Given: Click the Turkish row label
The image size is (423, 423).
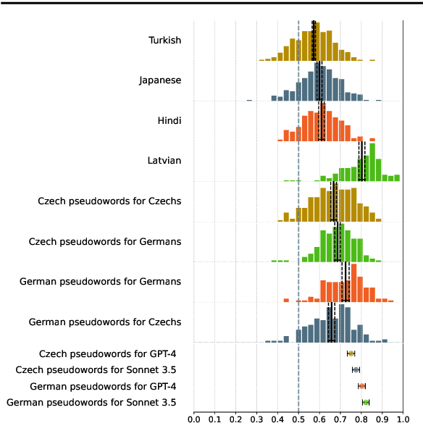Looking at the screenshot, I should point(165,40).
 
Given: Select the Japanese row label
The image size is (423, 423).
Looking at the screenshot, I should point(160,80).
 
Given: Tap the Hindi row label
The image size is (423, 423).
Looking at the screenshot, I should point(169,120).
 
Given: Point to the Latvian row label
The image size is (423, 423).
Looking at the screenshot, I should point(164,160).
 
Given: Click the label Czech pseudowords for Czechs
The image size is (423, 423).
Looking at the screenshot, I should point(109,201).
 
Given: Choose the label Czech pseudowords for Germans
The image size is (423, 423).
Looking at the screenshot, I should point(104,240).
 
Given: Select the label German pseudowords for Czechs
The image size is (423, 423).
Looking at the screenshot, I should point(104,321).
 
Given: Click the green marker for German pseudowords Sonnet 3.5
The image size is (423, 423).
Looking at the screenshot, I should point(366,402).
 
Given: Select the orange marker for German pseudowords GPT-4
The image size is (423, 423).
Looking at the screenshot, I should point(362,386).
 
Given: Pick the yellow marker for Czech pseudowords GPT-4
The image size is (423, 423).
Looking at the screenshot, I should point(351,353).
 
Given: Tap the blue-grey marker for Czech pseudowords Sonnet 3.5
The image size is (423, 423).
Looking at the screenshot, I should point(356,369).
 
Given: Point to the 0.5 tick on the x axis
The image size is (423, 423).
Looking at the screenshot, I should point(298,418).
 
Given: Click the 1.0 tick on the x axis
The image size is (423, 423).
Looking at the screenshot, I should point(403,418).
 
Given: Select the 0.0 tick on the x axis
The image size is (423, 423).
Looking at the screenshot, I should point(193,418).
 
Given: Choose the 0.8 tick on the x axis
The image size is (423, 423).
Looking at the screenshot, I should point(361,418).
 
